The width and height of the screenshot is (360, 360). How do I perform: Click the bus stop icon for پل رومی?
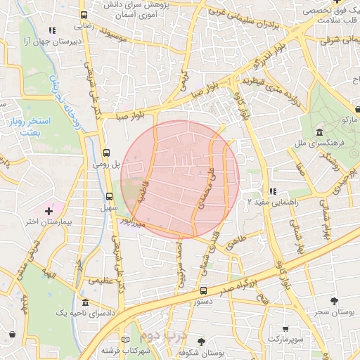tap(106, 152)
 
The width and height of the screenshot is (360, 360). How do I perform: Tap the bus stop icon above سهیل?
tap(109, 197)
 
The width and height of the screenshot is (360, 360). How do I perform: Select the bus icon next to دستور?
tap(203, 290)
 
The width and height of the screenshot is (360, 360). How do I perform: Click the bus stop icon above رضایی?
tap(84, 15)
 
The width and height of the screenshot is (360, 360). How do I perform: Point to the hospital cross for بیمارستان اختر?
tap(49, 210)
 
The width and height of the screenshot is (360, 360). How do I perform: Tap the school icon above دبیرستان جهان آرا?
tap(51, 31)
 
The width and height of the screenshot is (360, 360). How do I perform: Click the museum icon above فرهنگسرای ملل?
tap(319, 133)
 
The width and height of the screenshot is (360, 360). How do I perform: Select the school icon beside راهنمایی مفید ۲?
tap(273, 191)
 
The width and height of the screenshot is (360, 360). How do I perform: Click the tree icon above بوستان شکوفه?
tap(202, 341)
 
